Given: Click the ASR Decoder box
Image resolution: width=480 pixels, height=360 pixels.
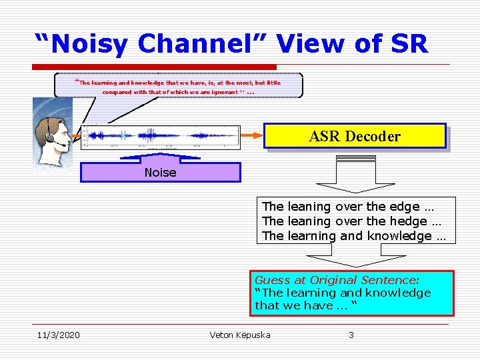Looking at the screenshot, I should pyautogui.click(x=355, y=135).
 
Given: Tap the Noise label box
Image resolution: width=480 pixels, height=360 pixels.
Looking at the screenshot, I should pyautogui.click(x=160, y=173).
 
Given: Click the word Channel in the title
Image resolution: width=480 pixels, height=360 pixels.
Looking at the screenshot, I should pyautogui.click(x=203, y=44).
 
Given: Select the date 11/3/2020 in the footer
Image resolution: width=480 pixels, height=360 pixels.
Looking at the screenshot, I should pyautogui.click(x=58, y=335).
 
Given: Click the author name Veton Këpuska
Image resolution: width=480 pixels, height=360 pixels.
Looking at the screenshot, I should pyautogui.click(x=240, y=335).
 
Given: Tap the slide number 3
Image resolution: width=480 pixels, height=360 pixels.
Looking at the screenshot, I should pyautogui.click(x=351, y=335).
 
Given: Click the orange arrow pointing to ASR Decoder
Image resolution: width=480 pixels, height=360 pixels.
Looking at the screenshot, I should pyautogui.click(x=252, y=135).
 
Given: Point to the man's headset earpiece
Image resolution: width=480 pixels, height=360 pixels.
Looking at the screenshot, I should pyautogui.click(x=51, y=137).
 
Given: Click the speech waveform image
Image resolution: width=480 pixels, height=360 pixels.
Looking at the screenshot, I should pyautogui.click(x=160, y=136).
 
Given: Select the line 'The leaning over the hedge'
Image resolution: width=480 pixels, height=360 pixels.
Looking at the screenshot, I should pyautogui.click(x=345, y=221).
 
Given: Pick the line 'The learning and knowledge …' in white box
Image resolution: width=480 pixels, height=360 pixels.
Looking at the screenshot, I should pyautogui.click(x=354, y=236).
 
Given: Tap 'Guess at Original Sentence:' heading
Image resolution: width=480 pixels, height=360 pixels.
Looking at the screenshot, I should pyautogui.click(x=341, y=281).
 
